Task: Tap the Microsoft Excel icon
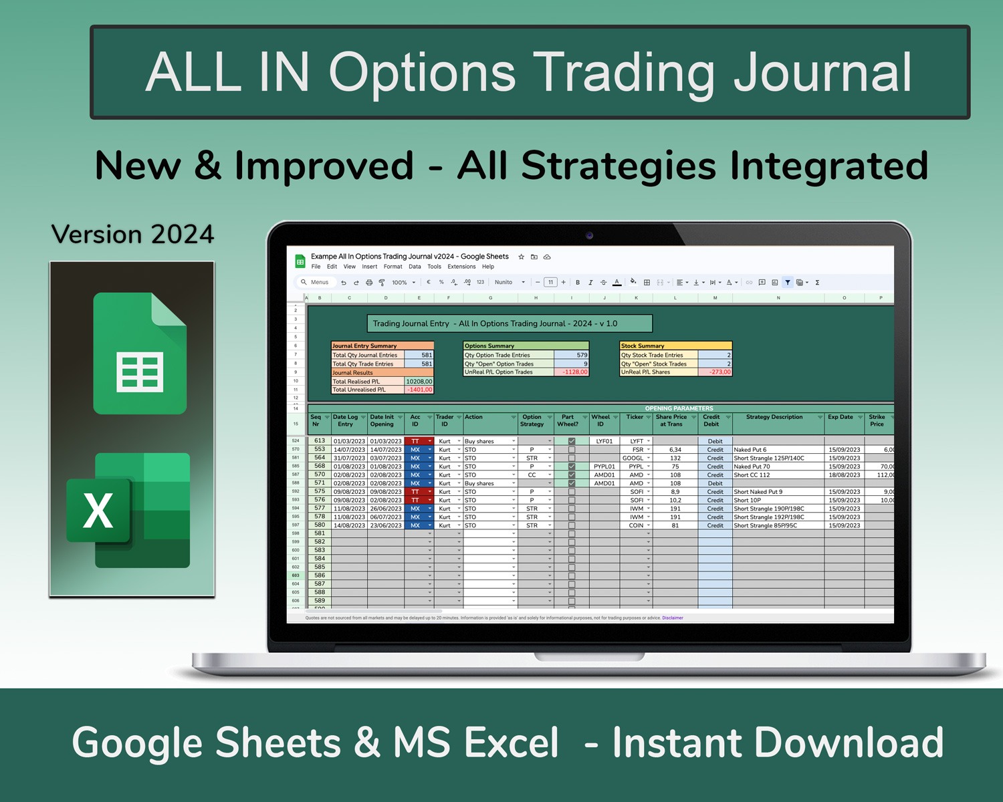(128, 511)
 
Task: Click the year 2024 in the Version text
(182, 235)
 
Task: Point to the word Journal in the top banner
(822, 72)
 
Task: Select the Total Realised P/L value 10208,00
(419, 382)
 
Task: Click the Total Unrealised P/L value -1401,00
(419, 390)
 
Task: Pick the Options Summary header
(489, 346)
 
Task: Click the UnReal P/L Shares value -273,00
(715, 372)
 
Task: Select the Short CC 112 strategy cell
(752, 475)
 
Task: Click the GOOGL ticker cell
(633, 458)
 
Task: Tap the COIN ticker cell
(635, 526)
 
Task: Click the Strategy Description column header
(774, 417)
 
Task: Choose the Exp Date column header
(840, 417)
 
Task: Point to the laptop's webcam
(589, 235)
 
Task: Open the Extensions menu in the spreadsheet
(461, 267)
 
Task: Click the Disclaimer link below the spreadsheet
(673, 618)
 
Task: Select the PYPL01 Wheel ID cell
(604, 466)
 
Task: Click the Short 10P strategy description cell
(748, 501)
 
